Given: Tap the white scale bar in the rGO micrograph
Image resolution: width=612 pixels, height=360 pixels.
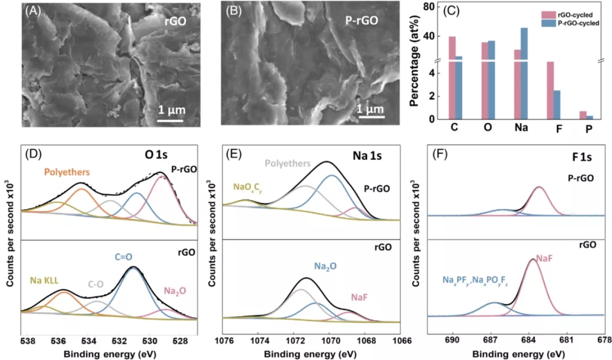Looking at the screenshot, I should [x=170, y=120].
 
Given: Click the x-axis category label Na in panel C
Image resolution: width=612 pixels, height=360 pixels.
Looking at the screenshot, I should [x=521, y=128].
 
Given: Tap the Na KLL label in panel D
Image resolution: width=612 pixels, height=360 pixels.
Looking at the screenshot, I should [x=44, y=279].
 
